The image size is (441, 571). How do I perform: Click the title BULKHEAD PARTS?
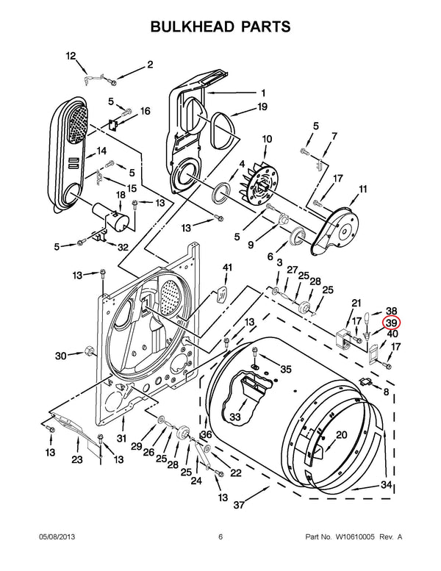pos(220,26)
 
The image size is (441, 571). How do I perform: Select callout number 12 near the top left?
pos(71,56)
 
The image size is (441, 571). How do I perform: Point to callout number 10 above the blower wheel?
pos(267,138)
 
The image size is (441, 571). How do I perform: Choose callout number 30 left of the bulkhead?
pos(60,356)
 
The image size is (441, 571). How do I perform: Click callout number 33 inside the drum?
pos(235,417)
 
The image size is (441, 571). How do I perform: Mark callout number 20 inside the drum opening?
pos(341,435)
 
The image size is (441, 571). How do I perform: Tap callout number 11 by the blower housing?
pos(362,190)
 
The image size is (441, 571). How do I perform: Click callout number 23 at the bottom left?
pos(76,461)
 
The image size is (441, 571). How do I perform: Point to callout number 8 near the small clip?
pos(387,392)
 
